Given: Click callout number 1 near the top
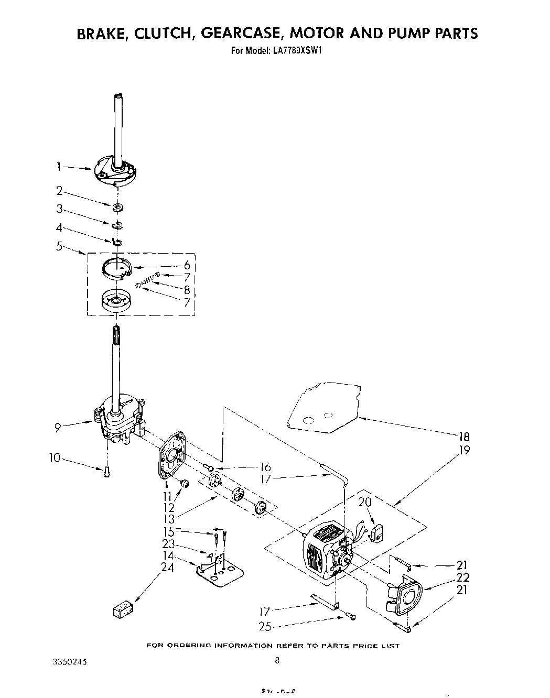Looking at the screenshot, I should (x=59, y=167).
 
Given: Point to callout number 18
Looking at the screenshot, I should (x=463, y=437).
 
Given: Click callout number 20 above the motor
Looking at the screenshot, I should (x=365, y=502).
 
